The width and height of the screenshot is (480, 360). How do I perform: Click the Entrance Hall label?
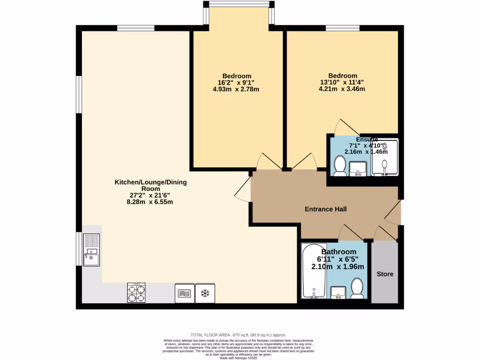coord(326,209)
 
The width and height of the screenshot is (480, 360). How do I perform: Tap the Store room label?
coord(385,274)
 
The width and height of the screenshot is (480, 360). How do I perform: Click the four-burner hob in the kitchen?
coord(137,292)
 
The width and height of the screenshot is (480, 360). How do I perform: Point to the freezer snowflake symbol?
coord(204,293)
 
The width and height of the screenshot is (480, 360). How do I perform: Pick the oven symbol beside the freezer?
coord(184,293)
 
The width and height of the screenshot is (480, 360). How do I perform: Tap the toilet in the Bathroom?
coord(358,288)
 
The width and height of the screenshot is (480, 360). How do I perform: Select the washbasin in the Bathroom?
coord(338,292)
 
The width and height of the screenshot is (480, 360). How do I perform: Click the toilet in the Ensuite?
coord(340,165)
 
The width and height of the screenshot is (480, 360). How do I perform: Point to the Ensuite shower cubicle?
coord(385,157)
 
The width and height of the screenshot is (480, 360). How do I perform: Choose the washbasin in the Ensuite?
coord(359,167)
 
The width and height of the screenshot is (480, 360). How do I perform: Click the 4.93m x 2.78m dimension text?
coord(236,89)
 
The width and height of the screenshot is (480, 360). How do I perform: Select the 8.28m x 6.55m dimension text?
coord(151,202)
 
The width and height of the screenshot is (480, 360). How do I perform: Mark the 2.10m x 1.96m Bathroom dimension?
coord(337,267)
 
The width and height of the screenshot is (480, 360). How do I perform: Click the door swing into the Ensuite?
coord(346,127)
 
